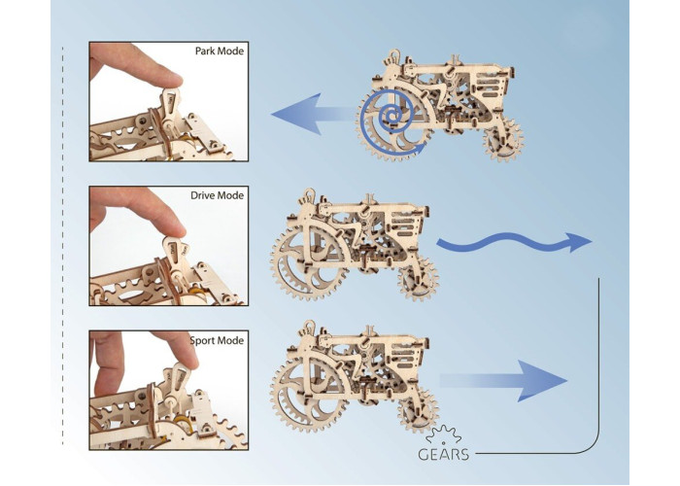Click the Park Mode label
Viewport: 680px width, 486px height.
(220, 51)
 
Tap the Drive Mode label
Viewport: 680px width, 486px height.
(217, 195)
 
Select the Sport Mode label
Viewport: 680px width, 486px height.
(218, 341)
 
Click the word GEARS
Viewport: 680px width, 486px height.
(444, 454)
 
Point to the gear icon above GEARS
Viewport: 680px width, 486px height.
(442, 434)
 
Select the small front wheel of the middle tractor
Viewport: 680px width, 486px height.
(419, 282)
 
